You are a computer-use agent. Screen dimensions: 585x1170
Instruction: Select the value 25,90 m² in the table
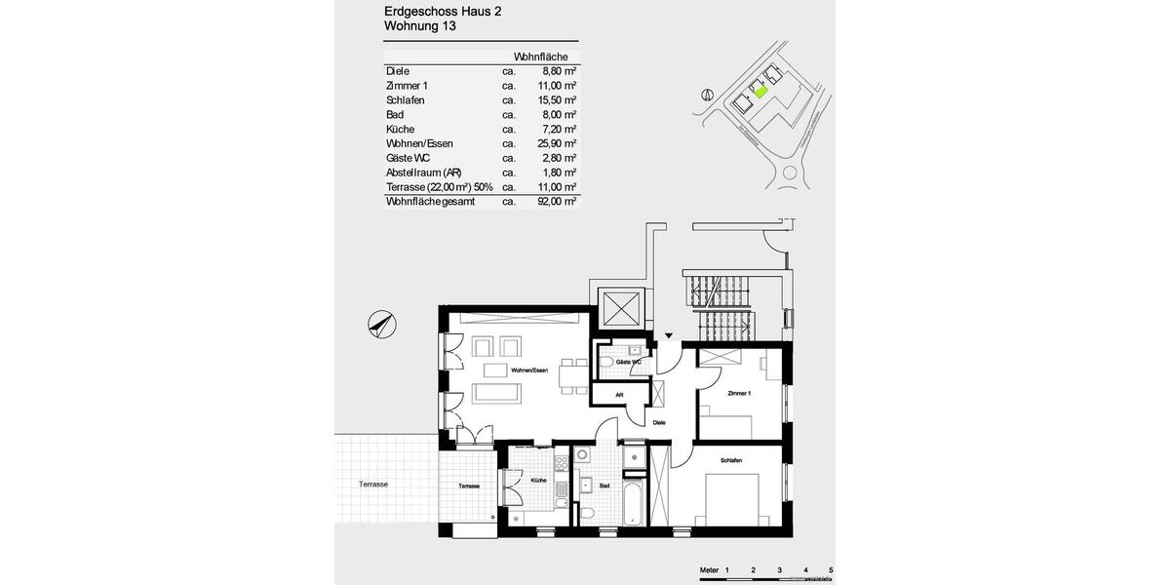[560, 143]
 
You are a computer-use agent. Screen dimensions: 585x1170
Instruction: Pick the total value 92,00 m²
[560, 202]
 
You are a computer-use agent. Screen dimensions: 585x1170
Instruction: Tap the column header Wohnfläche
[540, 57]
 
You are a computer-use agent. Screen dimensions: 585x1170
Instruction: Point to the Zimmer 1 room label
[739, 393]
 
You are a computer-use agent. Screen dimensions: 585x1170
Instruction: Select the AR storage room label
[619, 395]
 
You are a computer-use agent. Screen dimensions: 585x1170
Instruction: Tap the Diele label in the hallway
[659, 422]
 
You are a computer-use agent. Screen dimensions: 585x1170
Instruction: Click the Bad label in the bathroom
[604, 485]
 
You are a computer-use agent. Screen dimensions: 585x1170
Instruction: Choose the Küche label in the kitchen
[538, 481]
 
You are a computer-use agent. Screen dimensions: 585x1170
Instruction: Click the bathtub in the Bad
[632, 502]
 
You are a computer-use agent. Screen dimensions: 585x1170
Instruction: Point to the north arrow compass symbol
[382, 323]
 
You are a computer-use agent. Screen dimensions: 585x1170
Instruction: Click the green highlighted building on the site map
[760, 92]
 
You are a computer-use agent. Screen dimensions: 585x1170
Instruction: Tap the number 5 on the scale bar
[831, 568]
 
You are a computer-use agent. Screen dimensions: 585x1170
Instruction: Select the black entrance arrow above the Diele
[668, 336]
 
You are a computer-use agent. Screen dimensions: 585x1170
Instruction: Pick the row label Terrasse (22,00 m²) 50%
[439, 187]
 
